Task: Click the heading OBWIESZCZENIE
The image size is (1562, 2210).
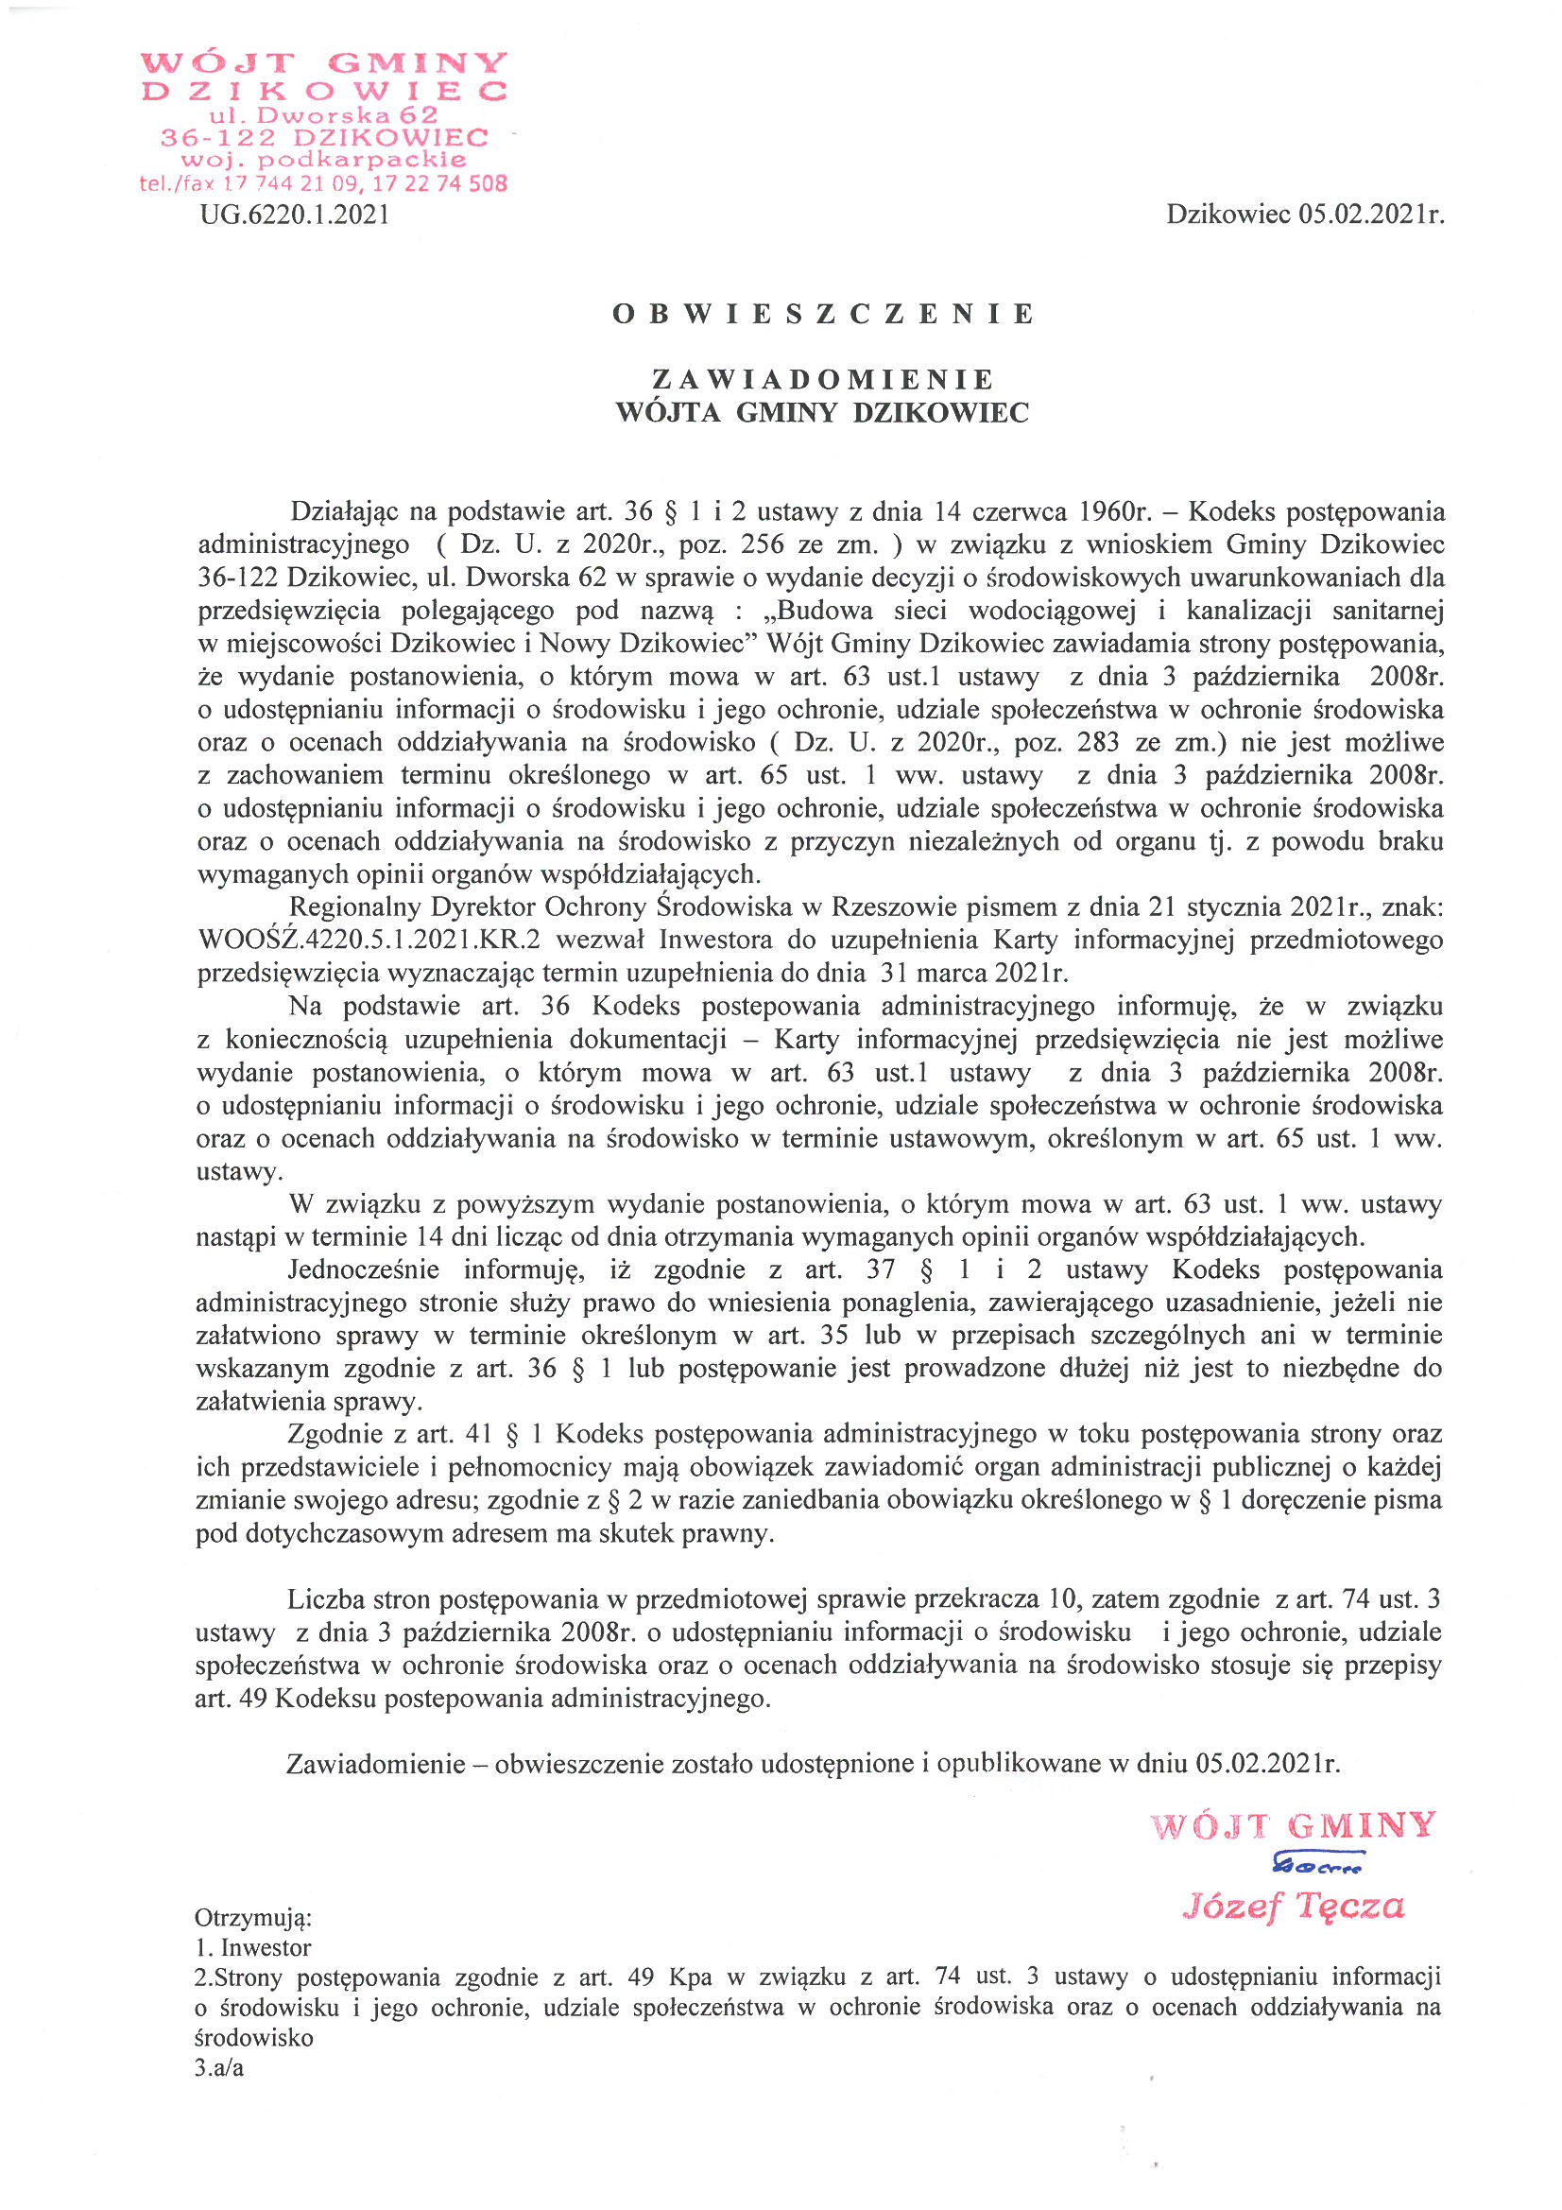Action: click(823, 314)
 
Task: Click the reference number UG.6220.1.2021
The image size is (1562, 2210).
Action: click(295, 214)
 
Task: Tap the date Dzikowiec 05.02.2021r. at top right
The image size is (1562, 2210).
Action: click(1305, 214)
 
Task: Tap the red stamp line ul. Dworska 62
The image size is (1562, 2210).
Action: click(323, 114)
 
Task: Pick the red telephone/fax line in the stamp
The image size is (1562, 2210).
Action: click(323, 182)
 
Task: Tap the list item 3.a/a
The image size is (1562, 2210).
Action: click(219, 2067)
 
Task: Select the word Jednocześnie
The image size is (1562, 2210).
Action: click(363, 1269)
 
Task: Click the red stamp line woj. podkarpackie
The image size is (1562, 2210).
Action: click(323, 160)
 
